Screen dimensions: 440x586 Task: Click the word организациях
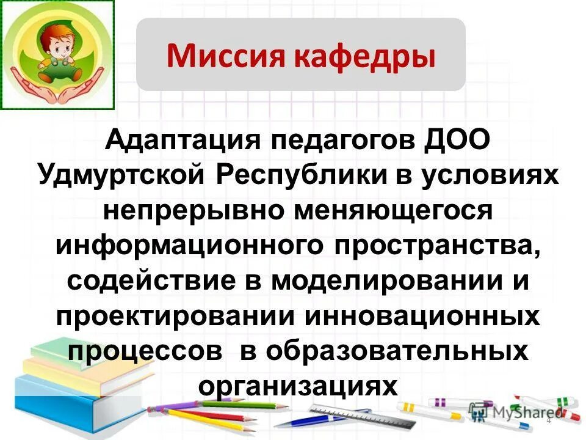pyautogui.click(x=298, y=386)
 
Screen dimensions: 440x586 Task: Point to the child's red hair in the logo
pyautogui.click(x=52, y=28)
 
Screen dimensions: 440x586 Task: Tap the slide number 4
pyautogui.click(x=548, y=420)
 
